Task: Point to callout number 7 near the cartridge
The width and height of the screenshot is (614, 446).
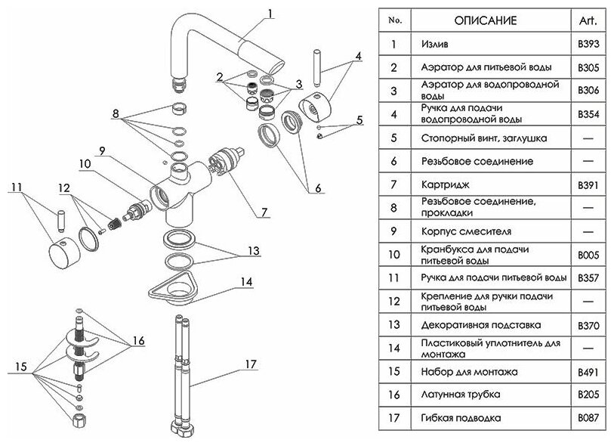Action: point(264,212)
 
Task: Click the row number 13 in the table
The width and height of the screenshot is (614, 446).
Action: point(393,325)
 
